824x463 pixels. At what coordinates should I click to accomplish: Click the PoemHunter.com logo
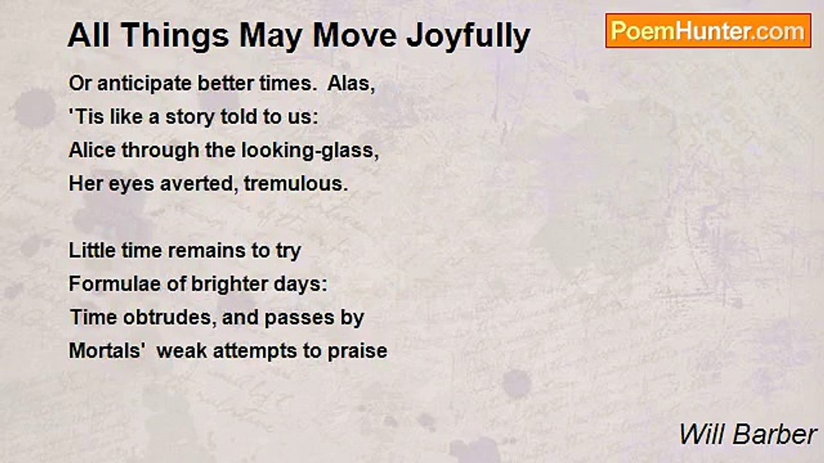point(708,30)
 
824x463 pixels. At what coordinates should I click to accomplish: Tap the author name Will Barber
point(747,435)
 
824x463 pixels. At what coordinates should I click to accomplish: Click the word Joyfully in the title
point(468,36)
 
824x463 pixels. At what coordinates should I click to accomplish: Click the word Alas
point(351,84)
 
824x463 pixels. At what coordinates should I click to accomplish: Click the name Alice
point(93,150)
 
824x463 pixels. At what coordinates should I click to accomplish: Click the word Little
point(90,251)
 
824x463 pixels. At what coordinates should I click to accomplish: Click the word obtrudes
point(170,318)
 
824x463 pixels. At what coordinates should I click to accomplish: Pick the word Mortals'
point(108,351)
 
